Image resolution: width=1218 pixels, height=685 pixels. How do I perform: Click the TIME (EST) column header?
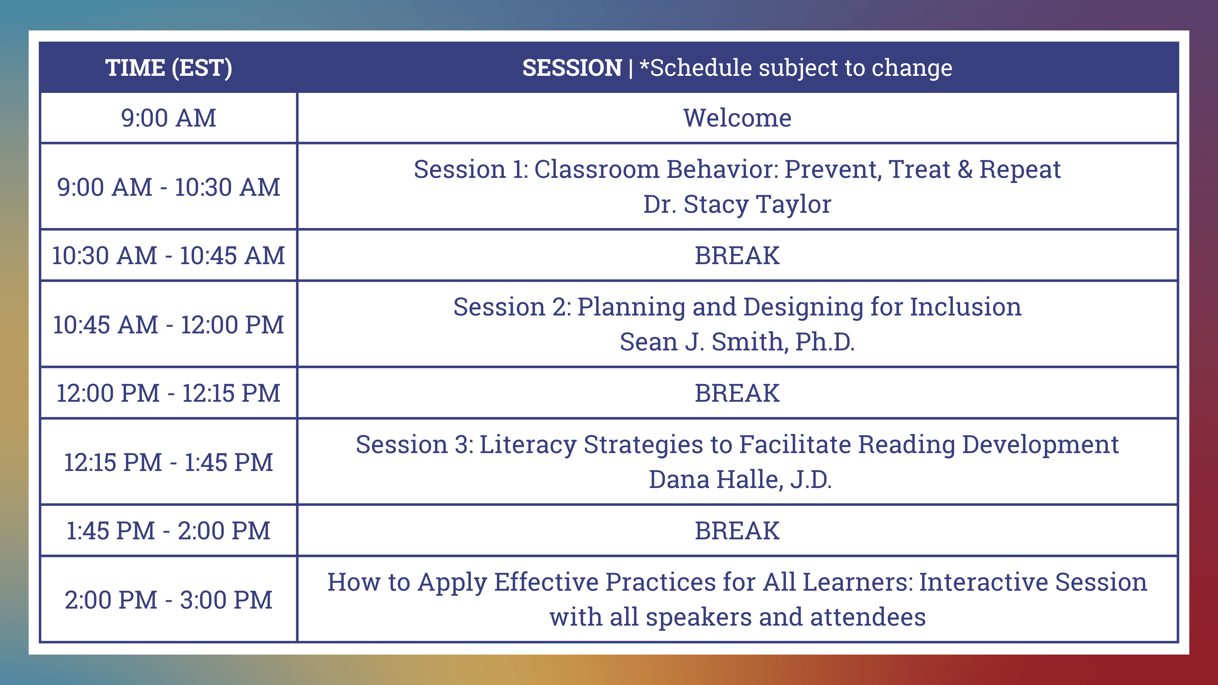[x=169, y=67]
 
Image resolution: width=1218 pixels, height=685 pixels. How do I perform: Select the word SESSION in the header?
[x=572, y=67]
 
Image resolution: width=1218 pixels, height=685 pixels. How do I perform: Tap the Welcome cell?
[x=737, y=118]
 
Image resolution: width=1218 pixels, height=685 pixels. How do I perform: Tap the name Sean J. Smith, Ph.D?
[x=737, y=342]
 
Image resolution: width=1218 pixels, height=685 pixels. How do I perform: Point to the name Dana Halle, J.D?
[x=740, y=479]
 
